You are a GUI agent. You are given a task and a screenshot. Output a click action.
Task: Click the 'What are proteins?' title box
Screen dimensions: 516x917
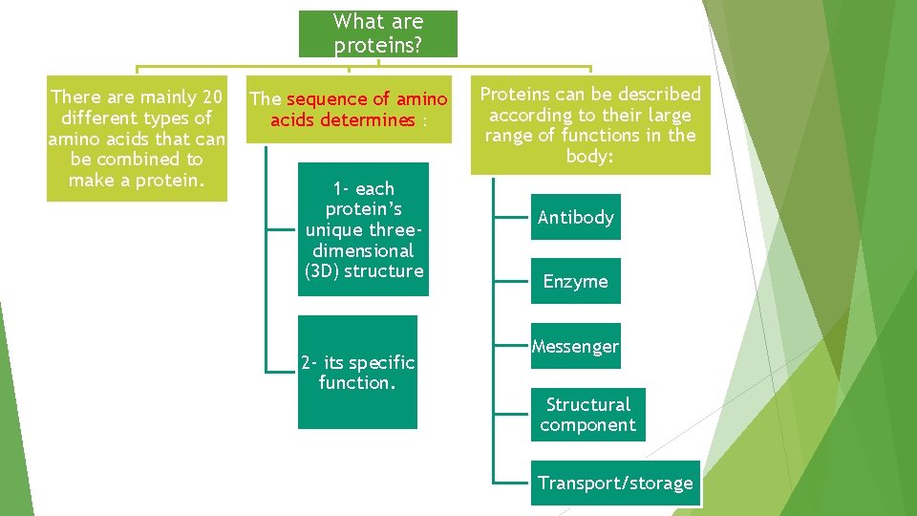point(378,33)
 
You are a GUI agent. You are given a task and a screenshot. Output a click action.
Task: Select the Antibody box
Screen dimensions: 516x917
point(575,217)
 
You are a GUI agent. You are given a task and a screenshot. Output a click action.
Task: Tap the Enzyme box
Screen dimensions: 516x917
point(575,281)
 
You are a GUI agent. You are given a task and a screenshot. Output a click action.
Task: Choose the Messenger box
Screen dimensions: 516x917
point(575,346)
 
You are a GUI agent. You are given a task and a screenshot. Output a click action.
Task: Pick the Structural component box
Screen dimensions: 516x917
point(587,415)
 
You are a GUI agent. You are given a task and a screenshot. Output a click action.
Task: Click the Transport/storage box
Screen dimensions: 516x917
point(615,483)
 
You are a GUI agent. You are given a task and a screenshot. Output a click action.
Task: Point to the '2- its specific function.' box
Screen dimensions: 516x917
point(357,373)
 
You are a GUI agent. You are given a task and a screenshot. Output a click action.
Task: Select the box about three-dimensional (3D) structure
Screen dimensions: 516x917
point(363,229)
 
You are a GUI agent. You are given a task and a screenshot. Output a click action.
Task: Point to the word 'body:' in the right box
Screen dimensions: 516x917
point(589,156)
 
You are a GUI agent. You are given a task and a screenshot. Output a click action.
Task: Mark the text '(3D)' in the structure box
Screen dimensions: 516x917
point(322,271)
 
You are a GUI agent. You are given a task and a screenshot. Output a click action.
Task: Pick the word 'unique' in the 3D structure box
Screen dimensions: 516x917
point(331,229)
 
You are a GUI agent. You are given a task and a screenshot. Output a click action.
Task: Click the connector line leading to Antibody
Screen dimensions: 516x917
point(512,217)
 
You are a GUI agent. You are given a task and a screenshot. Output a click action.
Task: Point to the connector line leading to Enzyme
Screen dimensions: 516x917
point(512,281)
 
